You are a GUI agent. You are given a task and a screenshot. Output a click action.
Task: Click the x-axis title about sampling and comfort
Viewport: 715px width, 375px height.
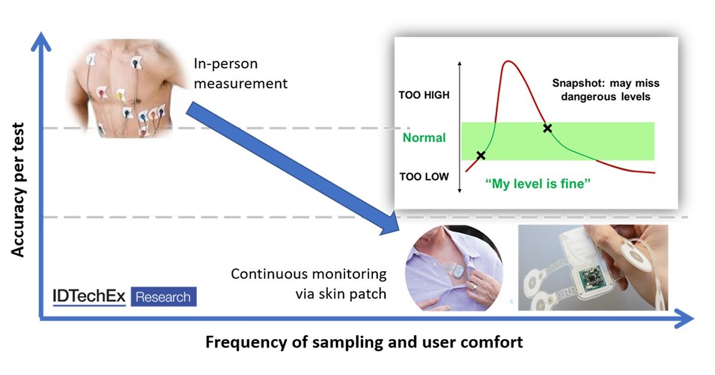(x=364, y=343)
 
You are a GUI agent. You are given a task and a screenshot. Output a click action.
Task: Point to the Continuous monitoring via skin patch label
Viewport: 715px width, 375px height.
(x=309, y=283)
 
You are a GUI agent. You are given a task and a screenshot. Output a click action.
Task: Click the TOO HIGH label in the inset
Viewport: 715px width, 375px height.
(x=424, y=95)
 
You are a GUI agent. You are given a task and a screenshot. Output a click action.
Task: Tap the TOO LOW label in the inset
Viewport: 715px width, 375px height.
(x=424, y=177)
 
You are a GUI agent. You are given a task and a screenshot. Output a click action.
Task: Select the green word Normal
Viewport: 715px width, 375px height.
(x=424, y=138)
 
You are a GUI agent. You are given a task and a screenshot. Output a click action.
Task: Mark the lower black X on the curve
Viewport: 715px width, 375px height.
(x=481, y=155)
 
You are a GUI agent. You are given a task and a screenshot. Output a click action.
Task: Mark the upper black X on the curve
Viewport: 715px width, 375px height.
(x=547, y=128)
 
